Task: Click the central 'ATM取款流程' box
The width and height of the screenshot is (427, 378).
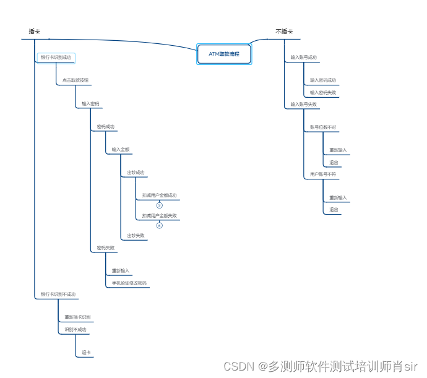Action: point(224,54)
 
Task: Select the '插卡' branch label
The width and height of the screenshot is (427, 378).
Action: point(35,32)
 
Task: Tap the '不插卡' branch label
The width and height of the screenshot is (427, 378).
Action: point(284,32)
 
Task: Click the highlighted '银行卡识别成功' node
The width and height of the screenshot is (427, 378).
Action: point(56,58)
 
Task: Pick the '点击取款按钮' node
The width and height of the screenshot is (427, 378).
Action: point(75,80)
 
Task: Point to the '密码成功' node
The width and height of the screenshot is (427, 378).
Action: point(105,127)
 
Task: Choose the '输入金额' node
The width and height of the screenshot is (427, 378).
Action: point(121,150)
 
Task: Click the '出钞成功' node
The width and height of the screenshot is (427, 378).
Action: point(136,173)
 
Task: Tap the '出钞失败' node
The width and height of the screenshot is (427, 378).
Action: point(136,236)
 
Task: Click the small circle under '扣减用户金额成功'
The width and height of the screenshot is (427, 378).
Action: point(159,205)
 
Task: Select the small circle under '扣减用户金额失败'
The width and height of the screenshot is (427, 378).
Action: point(159,226)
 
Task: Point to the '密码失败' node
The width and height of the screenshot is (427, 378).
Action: point(105,248)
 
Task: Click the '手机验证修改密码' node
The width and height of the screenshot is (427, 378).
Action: point(129,283)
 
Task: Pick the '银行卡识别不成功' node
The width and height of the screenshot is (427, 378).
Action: point(58,294)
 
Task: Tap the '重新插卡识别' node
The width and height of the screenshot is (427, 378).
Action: point(77,317)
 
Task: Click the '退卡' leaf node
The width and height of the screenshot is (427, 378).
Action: point(87,353)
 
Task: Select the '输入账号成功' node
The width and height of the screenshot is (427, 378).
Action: point(304,58)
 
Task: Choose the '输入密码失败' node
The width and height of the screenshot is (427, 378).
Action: point(323,93)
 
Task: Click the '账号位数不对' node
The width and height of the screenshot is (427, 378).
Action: point(323,127)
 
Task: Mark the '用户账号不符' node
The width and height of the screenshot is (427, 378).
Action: point(323,174)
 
